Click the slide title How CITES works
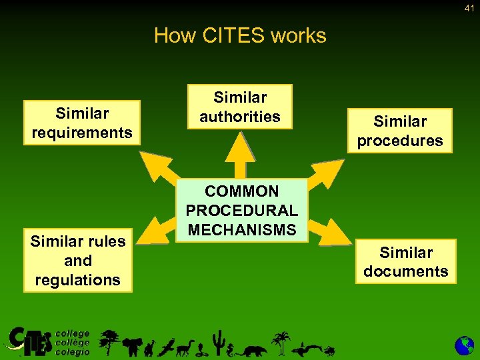[x=240, y=35]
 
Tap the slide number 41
[x=469, y=9]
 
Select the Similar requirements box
[x=82, y=123]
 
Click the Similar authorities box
[x=240, y=107]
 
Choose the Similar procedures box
[x=399, y=131]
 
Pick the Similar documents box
[x=405, y=261]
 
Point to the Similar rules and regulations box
[x=77, y=260]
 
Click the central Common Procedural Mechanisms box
[x=241, y=210]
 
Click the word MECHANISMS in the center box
[x=241, y=230]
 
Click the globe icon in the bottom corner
[x=464, y=345]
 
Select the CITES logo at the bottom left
[x=30, y=341]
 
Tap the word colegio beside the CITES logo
[x=72, y=351]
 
